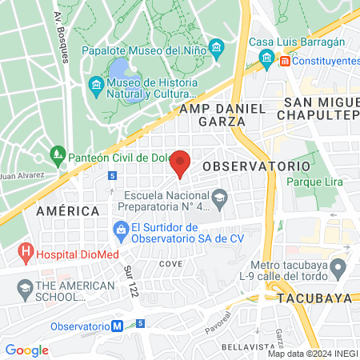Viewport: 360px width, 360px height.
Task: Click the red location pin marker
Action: coord(181,162)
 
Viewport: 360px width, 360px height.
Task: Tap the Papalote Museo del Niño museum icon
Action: coord(216,46)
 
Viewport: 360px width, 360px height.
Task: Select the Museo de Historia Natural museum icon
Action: coord(96,84)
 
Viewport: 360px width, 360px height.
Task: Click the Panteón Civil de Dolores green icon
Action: coord(57,153)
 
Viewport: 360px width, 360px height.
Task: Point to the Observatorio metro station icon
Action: coord(118,326)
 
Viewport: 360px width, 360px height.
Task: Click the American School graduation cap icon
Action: coord(26,286)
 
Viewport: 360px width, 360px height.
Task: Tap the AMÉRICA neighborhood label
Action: coord(67,210)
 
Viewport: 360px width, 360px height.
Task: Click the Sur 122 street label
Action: coord(128,280)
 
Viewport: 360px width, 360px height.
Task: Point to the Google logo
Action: coord(26,350)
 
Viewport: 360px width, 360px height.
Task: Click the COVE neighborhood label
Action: coord(170,263)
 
